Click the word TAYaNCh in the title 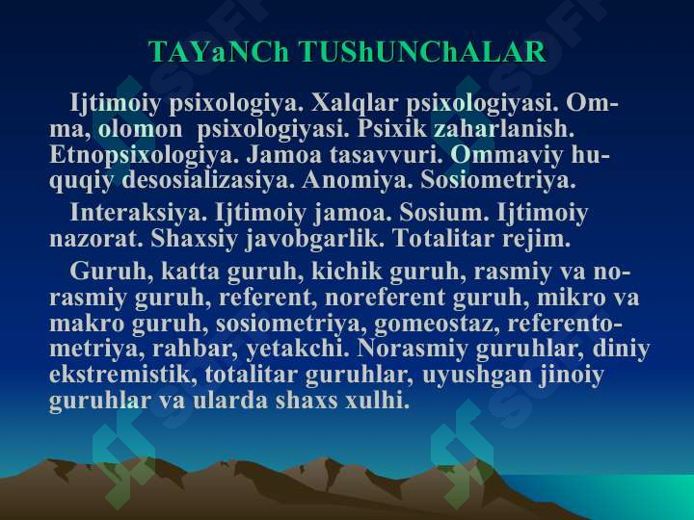(219, 52)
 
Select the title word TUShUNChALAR (423, 52)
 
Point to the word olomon (140, 129)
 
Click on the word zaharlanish (504, 129)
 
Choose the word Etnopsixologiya (145, 156)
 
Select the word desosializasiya (208, 180)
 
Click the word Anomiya (358, 180)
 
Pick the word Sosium (444, 213)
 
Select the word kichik (347, 271)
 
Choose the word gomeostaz (437, 324)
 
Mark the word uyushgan (477, 375)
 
